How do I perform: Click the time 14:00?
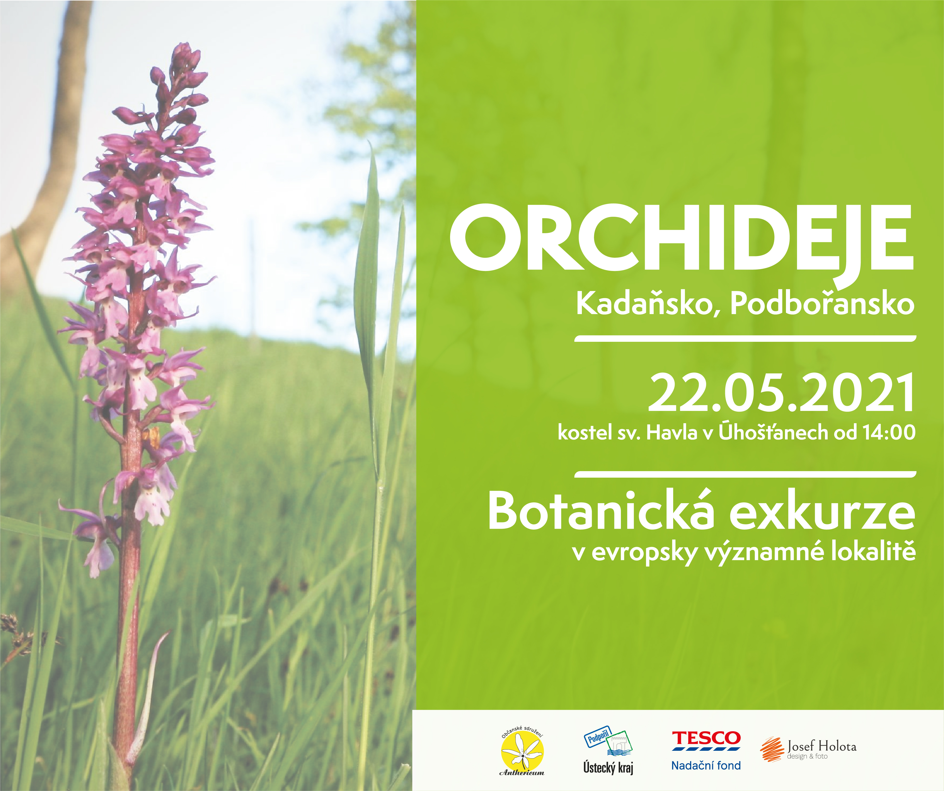(889, 432)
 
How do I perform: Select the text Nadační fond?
(706, 765)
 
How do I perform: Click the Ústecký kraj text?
(608, 767)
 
